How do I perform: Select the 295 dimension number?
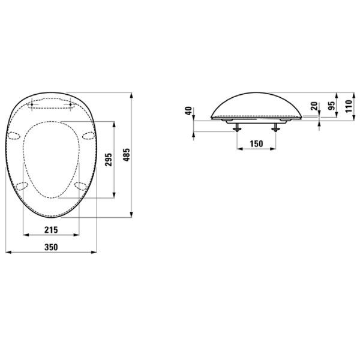(x=108, y=161)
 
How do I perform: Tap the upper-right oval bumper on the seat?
(x=88, y=135)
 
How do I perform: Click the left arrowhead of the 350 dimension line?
(x=7, y=253)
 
